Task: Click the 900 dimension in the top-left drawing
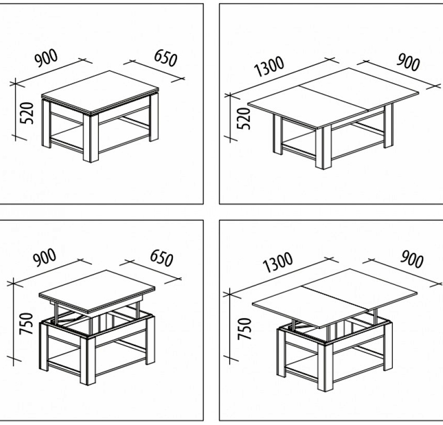click(x=46, y=58)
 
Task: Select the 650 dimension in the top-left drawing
click(x=166, y=58)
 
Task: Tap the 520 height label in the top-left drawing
click(x=27, y=113)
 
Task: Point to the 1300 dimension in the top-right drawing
click(x=269, y=67)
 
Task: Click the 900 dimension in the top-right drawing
click(x=408, y=62)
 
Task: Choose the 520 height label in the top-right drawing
click(x=244, y=118)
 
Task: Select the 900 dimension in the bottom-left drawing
click(x=45, y=257)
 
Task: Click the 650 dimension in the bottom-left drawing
click(x=162, y=258)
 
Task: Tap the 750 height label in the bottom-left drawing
click(x=26, y=323)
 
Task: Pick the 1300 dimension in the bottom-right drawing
click(x=278, y=262)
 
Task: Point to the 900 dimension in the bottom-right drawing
click(x=412, y=259)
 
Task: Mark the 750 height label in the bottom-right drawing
click(x=244, y=329)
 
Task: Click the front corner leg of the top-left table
click(x=91, y=139)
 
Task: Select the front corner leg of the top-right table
click(x=324, y=147)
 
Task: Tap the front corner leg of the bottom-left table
click(x=88, y=361)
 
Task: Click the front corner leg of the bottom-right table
click(x=325, y=367)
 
